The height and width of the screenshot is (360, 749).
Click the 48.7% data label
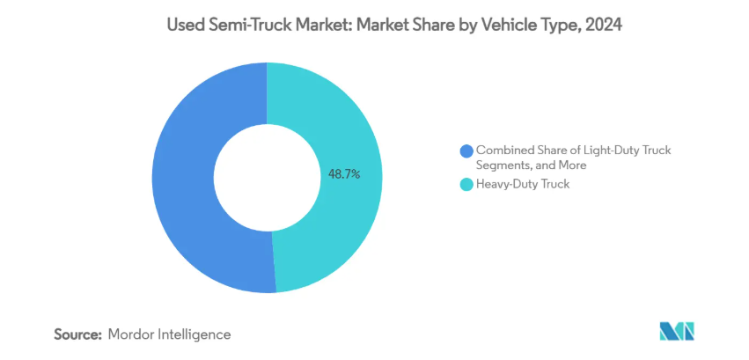click(344, 175)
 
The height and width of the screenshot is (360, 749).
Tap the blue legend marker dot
click(466, 151)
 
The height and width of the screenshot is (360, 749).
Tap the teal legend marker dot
click(466, 185)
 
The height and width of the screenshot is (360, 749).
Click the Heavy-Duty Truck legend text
click(522, 185)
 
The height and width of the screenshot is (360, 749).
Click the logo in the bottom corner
click(676, 332)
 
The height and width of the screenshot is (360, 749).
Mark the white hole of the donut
click(267, 176)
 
